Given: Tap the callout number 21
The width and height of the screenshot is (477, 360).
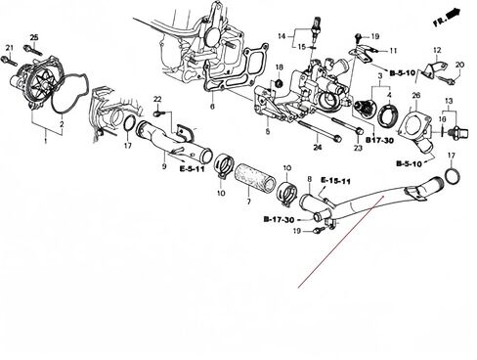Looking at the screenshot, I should click(9, 48).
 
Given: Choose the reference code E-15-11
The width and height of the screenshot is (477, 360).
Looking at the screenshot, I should click(334, 182).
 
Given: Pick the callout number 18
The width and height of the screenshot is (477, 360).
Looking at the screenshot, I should click(279, 67).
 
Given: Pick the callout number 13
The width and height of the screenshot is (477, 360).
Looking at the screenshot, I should click(449, 101).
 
